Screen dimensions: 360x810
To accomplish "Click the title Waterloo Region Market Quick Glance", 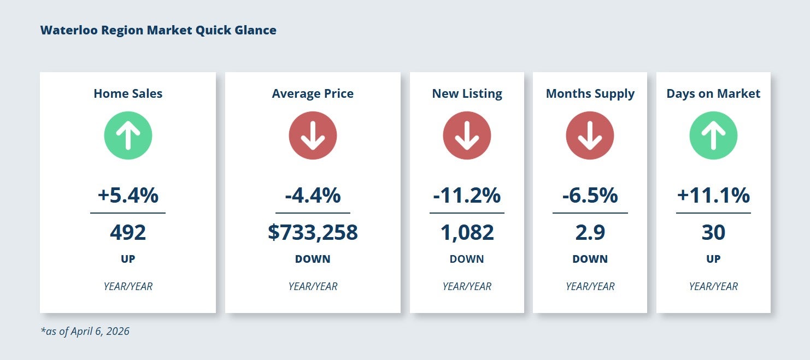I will (x=158, y=30).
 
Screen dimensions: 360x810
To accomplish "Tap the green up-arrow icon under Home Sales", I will (x=128, y=135).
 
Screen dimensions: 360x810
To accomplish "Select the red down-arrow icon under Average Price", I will (x=313, y=135).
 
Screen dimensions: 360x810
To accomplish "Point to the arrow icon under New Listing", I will (x=467, y=135).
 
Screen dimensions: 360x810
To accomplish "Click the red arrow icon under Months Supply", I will (x=590, y=135).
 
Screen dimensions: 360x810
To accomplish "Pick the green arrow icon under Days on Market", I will (x=713, y=135).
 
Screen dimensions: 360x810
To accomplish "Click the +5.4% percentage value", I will (x=128, y=195).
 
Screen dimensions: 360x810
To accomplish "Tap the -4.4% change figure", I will (x=313, y=195).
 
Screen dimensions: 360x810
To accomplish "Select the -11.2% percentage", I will (x=467, y=195).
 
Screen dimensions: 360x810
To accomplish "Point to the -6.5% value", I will (x=590, y=195).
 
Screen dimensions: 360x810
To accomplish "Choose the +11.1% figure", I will (x=713, y=195).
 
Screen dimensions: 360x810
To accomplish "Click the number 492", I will (x=128, y=233).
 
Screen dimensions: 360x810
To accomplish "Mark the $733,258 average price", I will (x=313, y=233).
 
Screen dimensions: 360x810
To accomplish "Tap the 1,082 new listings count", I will (x=467, y=233).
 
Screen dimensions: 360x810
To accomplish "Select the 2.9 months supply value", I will (x=590, y=233).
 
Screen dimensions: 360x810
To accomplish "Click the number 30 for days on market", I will (x=713, y=233).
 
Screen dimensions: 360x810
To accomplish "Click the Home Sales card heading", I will (x=128, y=93).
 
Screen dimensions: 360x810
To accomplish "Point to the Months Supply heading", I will (x=590, y=93).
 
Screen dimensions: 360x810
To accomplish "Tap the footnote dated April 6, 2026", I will (x=85, y=331).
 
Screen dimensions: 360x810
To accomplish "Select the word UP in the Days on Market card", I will (x=713, y=259).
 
